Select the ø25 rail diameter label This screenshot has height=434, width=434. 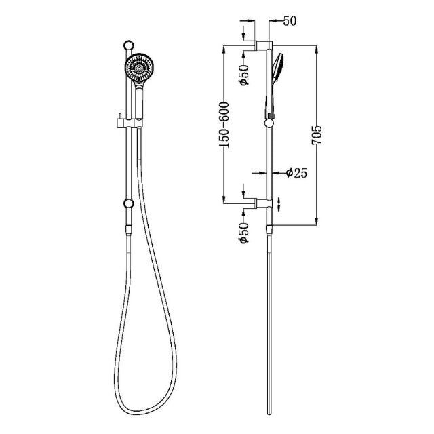click(x=297, y=173)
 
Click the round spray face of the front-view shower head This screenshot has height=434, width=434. click(x=140, y=68)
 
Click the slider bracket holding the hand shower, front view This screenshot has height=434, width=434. click(x=129, y=123)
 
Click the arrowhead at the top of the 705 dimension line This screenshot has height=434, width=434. click(x=317, y=49)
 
